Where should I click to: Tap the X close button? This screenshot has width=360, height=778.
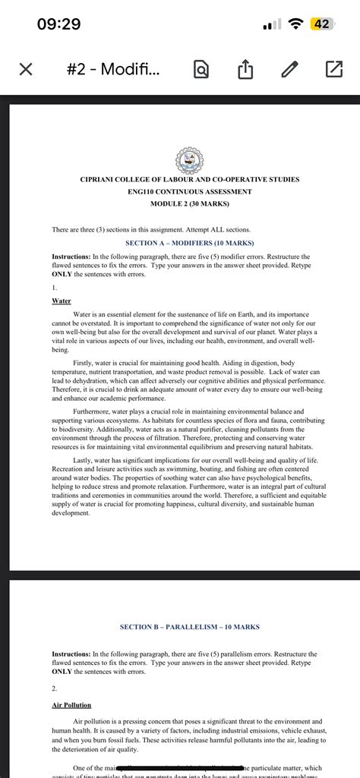click(x=24, y=71)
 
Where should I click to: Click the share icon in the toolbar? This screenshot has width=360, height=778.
click(x=245, y=71)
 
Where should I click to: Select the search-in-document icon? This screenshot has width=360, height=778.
click(x=201, y=71)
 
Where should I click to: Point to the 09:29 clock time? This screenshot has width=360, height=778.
click(x=58, y=24)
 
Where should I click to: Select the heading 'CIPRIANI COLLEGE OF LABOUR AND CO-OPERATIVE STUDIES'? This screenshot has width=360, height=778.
click(x=189, y=180)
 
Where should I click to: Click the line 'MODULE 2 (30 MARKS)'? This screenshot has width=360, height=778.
click(x=189, y=204)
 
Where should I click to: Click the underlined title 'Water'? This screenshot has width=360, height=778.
click(x=61, y=301)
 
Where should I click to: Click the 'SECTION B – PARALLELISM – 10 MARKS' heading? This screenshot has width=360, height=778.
click(x=189, y=627)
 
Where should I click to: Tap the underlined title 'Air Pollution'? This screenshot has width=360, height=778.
click(x=71, y=705)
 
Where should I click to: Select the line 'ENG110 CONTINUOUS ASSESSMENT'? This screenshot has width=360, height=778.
click(x=189, y=192)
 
